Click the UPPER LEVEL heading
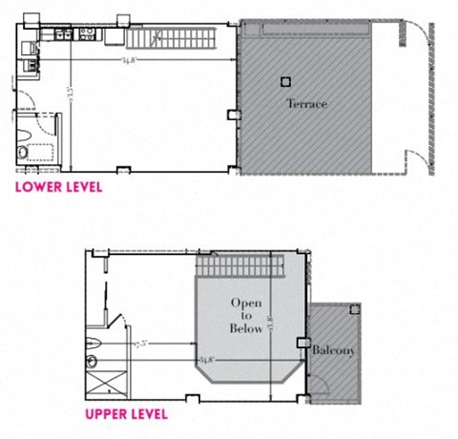[127, 414]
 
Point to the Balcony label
[333, 351]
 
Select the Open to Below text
[245, 316]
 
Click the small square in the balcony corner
[355, 310]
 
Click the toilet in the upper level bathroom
[93, 360]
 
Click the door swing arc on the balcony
[322, 382]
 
